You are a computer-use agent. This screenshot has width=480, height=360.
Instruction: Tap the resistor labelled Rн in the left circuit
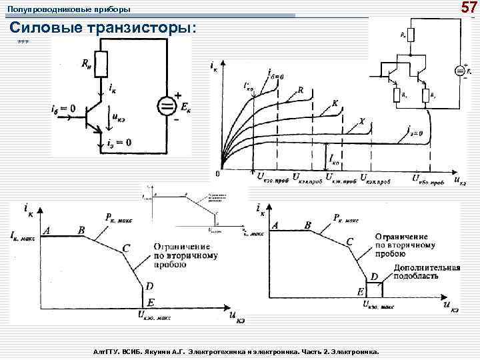[101, 64]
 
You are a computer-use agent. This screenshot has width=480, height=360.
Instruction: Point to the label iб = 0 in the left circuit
[63, 108]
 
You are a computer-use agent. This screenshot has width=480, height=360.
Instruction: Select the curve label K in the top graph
[335, 104]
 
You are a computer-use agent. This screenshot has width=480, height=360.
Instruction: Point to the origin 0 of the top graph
[217, 174]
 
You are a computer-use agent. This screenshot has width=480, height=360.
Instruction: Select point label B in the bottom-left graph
[81, 230]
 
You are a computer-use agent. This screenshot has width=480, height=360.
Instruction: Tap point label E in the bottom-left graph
[150, 302]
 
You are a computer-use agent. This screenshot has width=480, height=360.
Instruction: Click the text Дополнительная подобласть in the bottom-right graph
[427, 271]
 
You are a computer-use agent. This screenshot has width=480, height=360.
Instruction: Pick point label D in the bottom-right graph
[374, 276]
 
